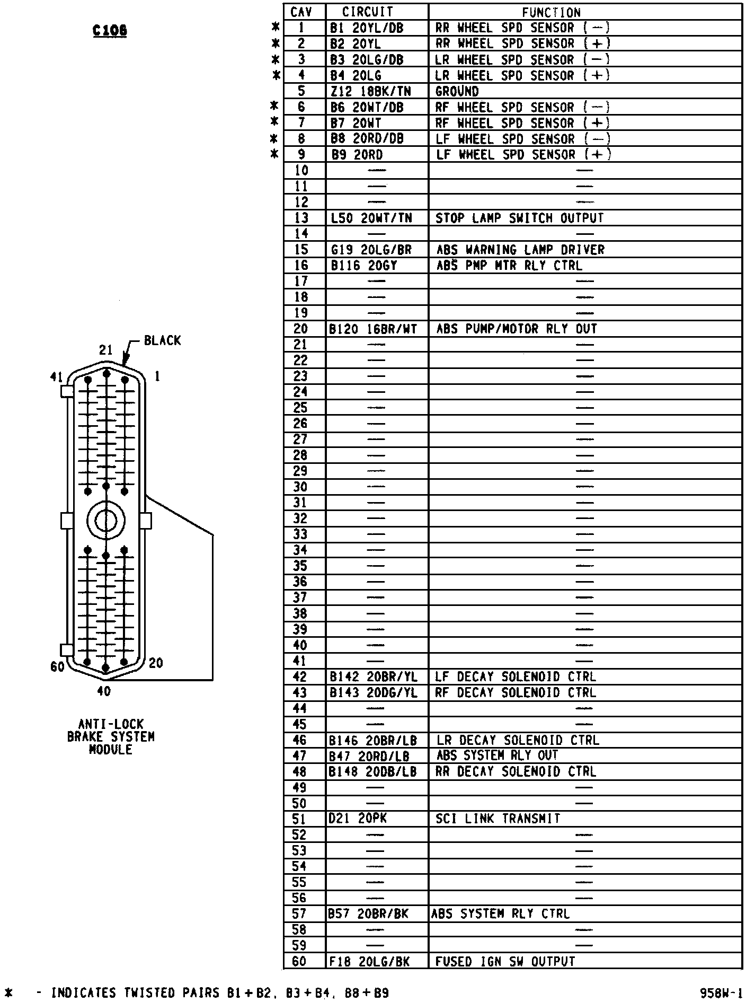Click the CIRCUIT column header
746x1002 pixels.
367,12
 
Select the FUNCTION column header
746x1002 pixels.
551,12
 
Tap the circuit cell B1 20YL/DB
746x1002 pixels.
367,28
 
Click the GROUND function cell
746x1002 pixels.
457,91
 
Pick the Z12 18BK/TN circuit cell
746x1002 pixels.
370,91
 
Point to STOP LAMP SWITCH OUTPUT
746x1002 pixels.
519,218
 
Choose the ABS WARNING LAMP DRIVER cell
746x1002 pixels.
520,250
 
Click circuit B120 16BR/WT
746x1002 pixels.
373,329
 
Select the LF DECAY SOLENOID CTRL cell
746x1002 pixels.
515,677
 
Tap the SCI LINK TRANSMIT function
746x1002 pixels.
498,819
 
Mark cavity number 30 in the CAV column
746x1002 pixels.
300,487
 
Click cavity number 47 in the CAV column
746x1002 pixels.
300,756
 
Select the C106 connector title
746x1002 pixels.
110,31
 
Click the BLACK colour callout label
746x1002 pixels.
162,340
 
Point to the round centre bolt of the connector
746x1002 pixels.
106,521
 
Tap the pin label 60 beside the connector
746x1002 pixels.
57,666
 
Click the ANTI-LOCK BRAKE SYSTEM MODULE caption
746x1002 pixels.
111,737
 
